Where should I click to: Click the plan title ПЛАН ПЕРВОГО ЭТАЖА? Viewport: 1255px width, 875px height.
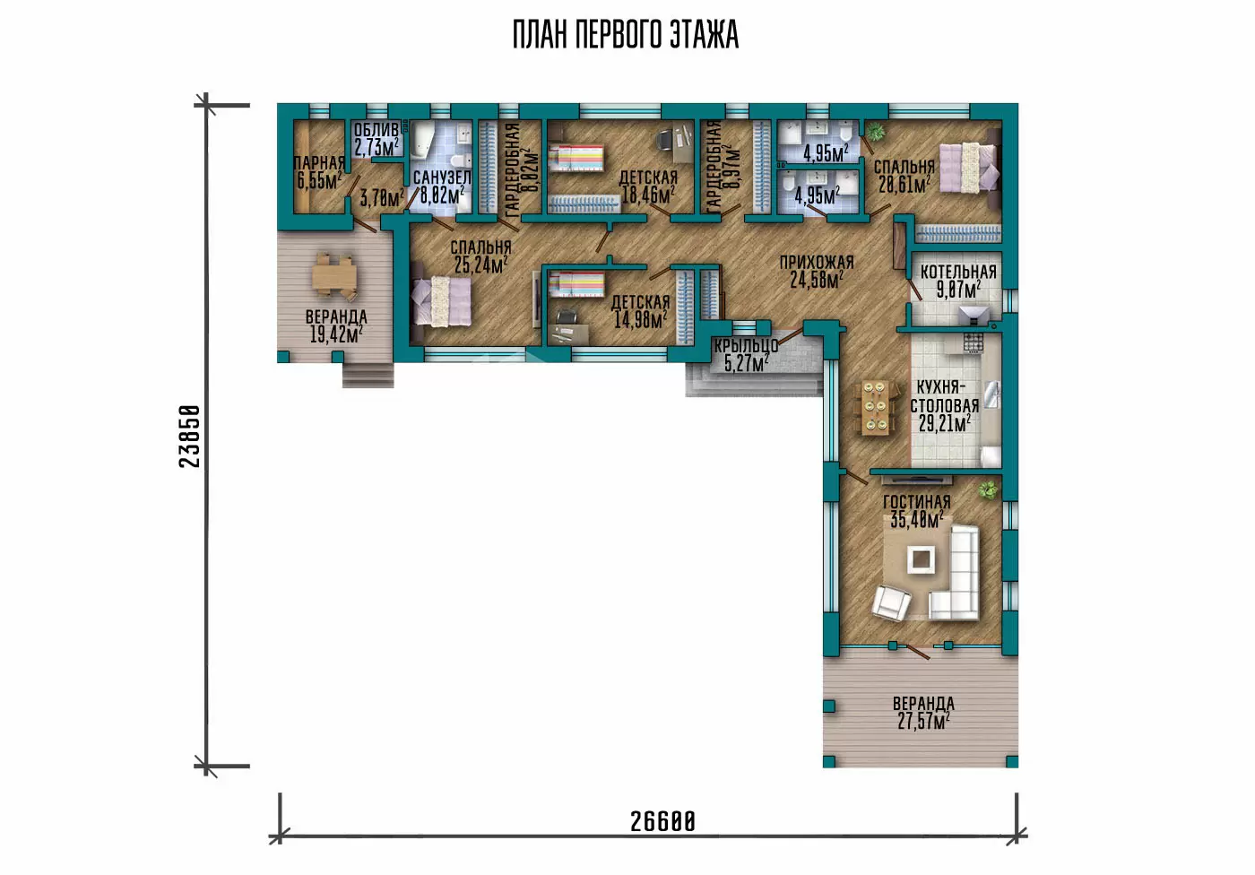click(626, 35)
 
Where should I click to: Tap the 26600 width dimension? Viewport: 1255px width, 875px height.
click(662, 822)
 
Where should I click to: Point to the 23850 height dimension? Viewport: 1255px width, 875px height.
click(190, 437)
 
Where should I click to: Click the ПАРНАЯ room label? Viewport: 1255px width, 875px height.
click(319, 163)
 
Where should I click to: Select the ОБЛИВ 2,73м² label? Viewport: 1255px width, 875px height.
click(377, 139)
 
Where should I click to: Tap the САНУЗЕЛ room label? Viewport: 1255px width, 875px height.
click(442, 178)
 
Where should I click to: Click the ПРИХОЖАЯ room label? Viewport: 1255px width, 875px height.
click(817, 262)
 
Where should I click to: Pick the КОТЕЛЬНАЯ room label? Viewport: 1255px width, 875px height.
click(958, 273)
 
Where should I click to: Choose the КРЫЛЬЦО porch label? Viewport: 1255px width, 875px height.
click(746, 346)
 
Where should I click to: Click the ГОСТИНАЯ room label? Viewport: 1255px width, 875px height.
click(917, 501)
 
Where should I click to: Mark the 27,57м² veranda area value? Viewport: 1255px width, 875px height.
click(924, 722)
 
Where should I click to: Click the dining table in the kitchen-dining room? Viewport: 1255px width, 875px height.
click(874, 407)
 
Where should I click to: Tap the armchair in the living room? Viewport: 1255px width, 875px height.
click(891, 602)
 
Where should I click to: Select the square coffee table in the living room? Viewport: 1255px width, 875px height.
click(922, 559)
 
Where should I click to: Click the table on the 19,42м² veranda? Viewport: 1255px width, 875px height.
click(334, 276)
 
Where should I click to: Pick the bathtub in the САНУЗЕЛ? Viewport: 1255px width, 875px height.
click(422, 141)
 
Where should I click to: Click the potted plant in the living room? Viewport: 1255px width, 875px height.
click(988, 490)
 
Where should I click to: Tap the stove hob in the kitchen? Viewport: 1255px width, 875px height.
click(974, 342)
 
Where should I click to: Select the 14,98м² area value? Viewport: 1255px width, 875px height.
click(640, 320)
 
